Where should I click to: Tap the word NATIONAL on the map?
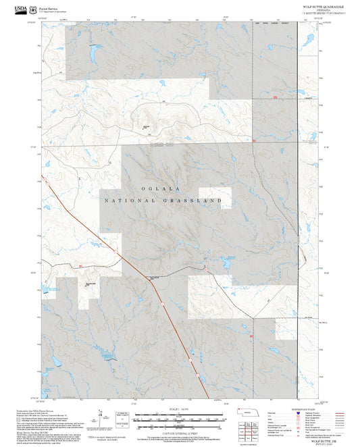(x=130, y=201)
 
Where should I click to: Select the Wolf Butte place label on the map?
(x=145, y=126)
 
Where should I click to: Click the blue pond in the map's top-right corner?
(x=309, y=41)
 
